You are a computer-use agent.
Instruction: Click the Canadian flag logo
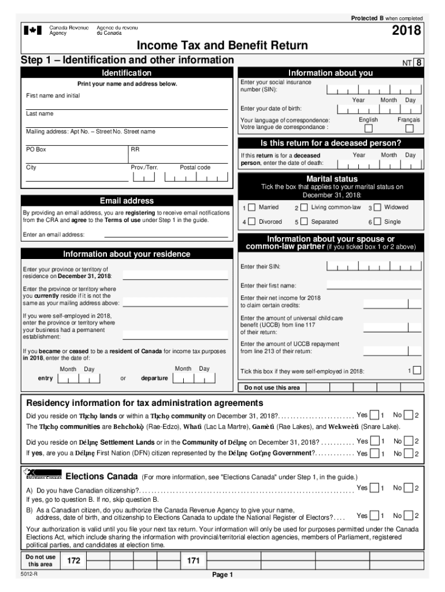32,30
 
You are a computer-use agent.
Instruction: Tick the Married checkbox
252,208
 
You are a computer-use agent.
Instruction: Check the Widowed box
377,208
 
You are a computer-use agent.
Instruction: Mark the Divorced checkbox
252,222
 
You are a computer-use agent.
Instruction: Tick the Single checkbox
377,222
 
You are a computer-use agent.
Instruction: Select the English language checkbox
368,128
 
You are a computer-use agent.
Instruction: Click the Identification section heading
127,73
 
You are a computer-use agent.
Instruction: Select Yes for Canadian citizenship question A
374,489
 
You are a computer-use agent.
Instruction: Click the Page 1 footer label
222,575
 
